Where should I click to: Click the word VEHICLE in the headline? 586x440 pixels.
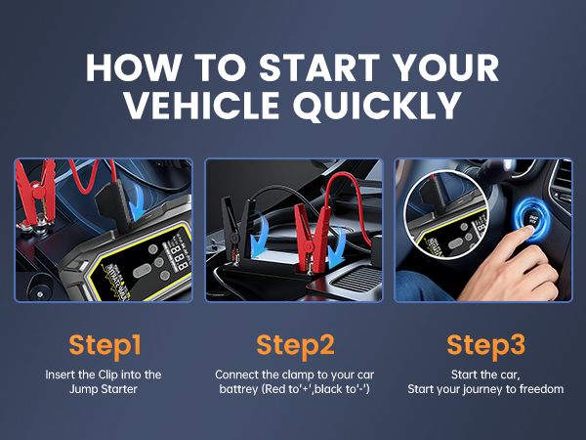coord(202,105)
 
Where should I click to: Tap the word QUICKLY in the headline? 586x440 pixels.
coord(378,106)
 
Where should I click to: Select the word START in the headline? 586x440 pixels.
coord(319,67)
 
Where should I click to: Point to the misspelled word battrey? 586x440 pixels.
coord(238,389)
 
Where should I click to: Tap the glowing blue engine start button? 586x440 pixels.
coord(530,219)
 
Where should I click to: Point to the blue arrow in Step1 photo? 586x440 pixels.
coord(139,201)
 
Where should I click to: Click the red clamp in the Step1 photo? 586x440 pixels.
coord(37,195)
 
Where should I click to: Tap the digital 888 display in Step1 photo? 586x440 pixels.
coord(179,256)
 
